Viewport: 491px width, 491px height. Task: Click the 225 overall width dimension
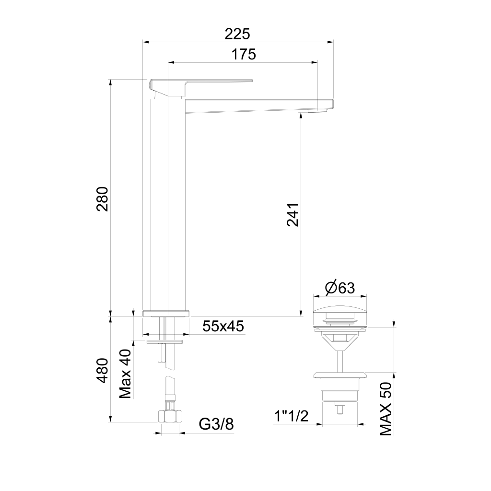tap(237, 34)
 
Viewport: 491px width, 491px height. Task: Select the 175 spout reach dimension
tap(244, 54)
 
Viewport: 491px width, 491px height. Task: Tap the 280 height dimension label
tap(103, 199)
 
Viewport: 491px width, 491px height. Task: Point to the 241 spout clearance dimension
tap(293, 215)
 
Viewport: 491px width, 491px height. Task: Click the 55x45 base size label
tap(223, 326)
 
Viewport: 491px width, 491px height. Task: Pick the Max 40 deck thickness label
tap(126, 374)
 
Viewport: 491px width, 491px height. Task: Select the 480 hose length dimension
tap(103, 371)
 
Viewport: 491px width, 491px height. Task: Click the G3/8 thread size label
tap(216, 424)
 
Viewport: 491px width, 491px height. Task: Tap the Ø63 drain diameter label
tap(340, 288)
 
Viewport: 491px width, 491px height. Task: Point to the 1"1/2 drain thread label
tap(291, 416)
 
